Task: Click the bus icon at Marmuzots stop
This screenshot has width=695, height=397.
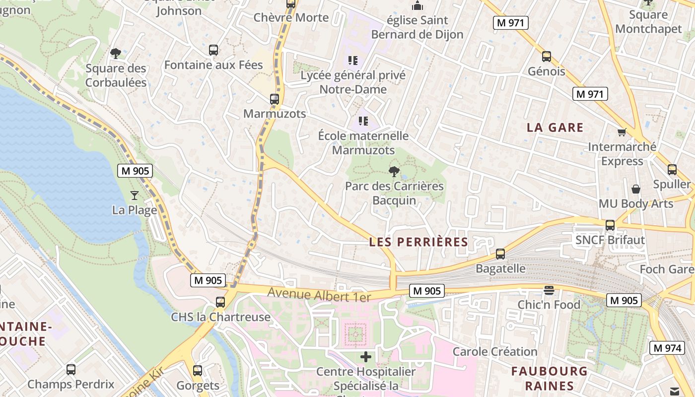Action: (275, 99)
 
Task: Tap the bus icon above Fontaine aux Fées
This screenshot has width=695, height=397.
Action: (213, 50)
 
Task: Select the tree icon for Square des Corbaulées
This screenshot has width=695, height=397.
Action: (116, 53)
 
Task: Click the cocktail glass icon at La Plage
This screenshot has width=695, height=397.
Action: (135, 195)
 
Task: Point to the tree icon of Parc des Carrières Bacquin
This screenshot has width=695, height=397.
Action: (394, 172)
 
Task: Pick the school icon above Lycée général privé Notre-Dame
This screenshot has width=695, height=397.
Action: (353, 61)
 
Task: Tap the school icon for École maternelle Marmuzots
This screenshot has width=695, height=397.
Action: (363, 121)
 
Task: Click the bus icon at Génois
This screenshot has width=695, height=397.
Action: (547, 57)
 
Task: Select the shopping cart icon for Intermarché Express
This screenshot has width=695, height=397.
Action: (622, 132)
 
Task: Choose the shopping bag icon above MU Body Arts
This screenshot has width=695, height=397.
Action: (635, 189)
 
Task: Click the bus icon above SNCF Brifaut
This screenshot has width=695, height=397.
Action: (610, 225)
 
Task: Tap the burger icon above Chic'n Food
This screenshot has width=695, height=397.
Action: (549, 290)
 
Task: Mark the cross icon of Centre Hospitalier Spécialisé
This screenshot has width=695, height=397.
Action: (366, 356)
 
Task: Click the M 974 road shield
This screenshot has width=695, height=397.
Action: (667, 348)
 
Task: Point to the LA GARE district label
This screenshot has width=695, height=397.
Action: (555, 128)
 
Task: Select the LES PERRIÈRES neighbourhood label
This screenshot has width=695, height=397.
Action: (418, 242)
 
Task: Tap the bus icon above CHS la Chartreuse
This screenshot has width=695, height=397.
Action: (220, 302)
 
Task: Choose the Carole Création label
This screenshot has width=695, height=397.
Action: (495, 352)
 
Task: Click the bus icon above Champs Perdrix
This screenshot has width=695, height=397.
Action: (71, 369)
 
